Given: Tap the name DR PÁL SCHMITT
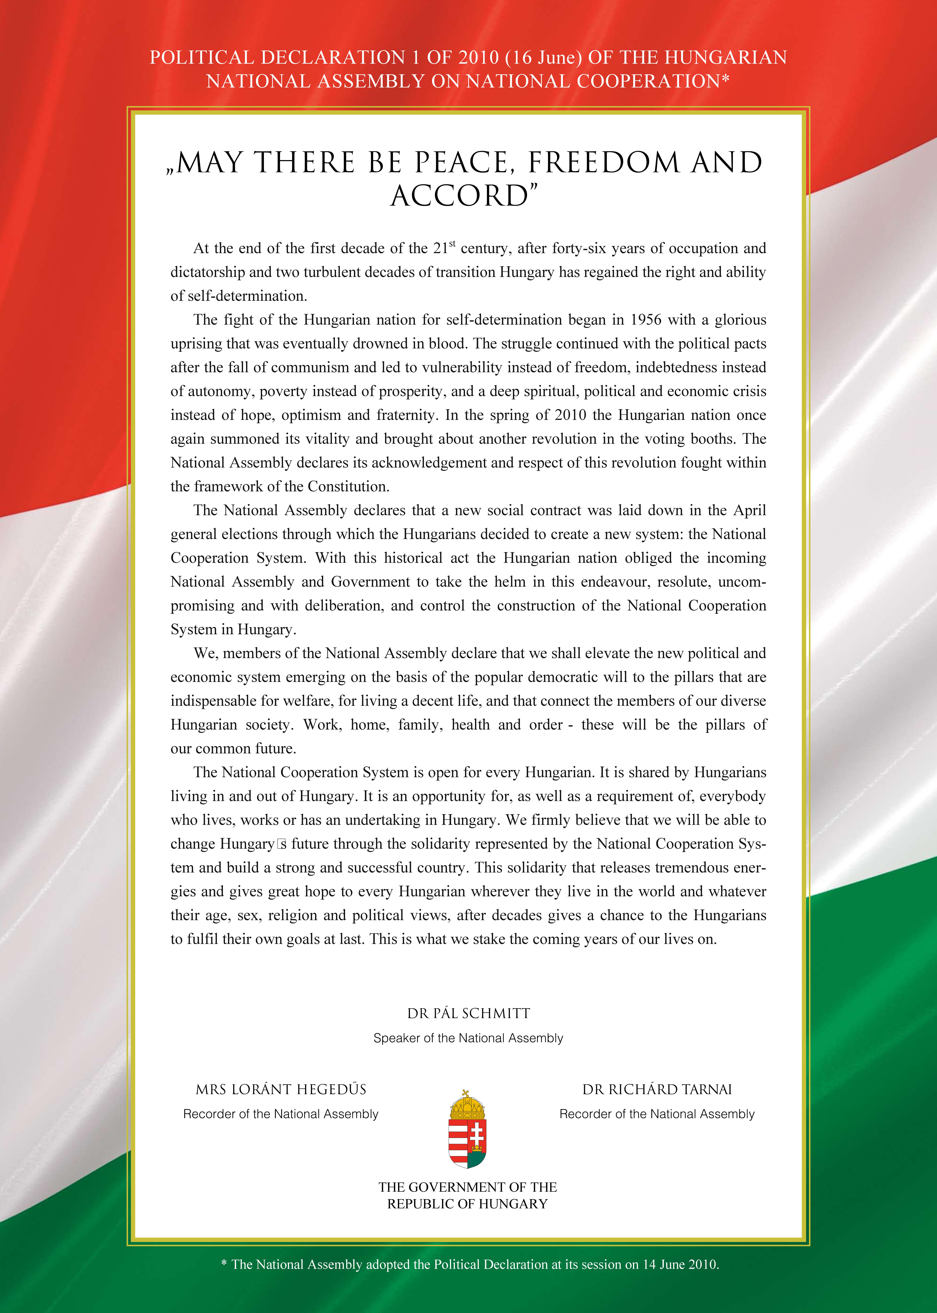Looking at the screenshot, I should point(469,1013).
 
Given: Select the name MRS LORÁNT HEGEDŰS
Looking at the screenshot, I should point(281,1090).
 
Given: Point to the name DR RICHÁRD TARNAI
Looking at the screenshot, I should point(657,1090).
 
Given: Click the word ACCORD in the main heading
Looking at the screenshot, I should point(460,196).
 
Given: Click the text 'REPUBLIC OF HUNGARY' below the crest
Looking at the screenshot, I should point(467,1204).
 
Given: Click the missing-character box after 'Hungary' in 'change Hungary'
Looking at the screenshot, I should point(282,844).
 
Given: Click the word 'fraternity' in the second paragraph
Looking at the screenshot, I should point(406,415).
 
